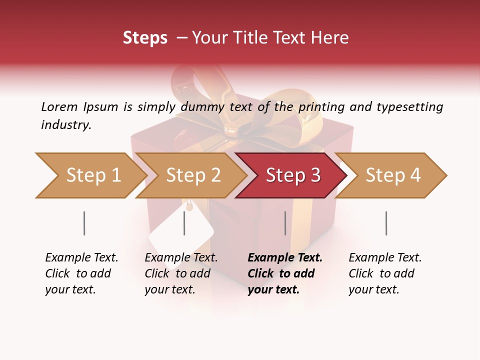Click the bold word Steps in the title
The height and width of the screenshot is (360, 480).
point(145,38)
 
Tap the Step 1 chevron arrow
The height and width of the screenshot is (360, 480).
point(90,175)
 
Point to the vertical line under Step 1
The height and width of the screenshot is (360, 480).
point(84,223)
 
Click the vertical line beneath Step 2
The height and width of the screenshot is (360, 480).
point(184,223)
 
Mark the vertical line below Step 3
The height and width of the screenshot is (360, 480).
point(285,223)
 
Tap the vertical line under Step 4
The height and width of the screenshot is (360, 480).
point(386,223)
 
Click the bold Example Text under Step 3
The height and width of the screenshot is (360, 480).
point(285,273)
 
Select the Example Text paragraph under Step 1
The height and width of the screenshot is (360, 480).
point(81,273)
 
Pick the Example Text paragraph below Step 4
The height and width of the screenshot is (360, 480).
point(385,273)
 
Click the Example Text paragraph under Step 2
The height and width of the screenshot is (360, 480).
point(181,273)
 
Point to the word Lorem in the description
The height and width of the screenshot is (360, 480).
point(59,106)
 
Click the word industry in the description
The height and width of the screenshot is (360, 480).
point(66,125)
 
